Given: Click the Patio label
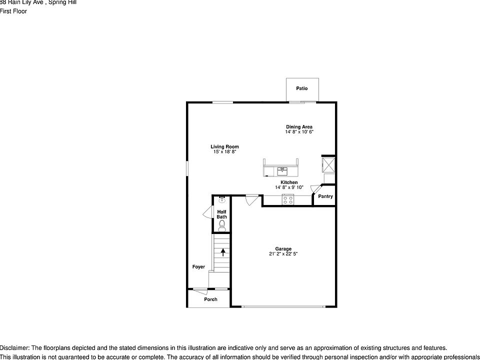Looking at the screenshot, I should (x=301, y=88).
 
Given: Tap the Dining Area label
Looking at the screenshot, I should (x=299, y=127).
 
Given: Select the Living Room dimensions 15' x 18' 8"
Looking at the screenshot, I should (x=224, y=151).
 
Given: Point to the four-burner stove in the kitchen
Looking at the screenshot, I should (x=288, y=199).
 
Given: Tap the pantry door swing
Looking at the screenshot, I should (x=315, y=188).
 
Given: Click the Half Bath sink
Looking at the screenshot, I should (x=222, y=198).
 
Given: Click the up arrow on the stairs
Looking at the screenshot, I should (x=223, y=252).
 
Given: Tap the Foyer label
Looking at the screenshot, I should (x=198, y=267).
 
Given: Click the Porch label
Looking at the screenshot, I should (x=211, y=299).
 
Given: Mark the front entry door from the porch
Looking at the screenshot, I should (x=201, y=290).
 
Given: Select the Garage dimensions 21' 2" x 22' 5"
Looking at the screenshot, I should (x=283, y=254).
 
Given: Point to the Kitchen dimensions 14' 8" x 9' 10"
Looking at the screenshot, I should (x=289, y=187).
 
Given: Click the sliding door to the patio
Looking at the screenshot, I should (x=302, y=102).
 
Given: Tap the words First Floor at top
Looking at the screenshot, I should (x=13, y=11).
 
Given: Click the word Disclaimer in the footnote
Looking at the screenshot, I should (x=14, y=348).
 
